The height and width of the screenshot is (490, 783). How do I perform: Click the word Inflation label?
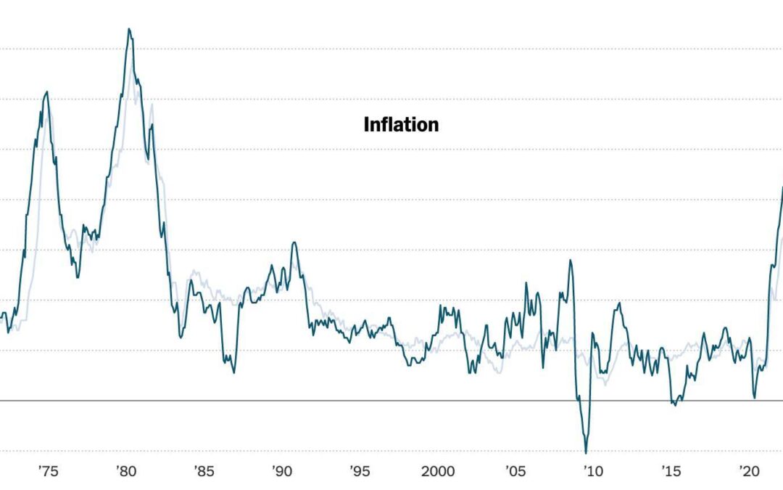coord(401,125)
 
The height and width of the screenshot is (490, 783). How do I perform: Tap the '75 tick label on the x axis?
coord(47,472)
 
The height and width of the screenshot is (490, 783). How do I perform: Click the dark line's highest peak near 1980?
coord(129,29)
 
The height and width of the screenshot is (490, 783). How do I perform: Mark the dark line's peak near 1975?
coord(46,92)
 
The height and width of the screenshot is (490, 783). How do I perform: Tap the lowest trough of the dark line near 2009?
coord(586,453)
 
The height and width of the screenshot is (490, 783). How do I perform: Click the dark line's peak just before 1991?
coord(294,242)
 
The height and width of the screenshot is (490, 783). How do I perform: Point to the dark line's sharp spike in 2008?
coord(571,260)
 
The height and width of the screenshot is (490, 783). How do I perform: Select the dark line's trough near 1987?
coord(233,372)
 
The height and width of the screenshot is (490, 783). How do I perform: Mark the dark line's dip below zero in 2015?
coord(675,405)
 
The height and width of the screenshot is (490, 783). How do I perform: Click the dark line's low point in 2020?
coord(755,398)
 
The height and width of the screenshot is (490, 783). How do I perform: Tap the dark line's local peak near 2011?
coord(619,303)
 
